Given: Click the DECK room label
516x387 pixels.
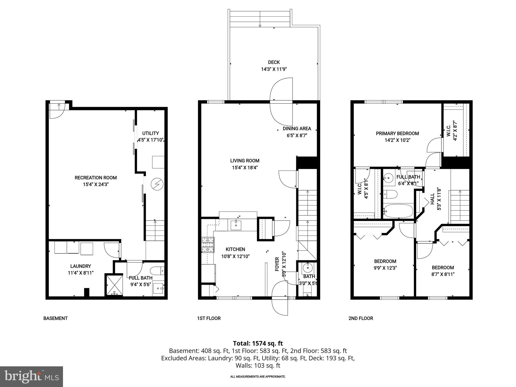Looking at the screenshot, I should (274, 62).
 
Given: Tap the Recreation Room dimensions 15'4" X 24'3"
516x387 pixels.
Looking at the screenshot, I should (96, 184).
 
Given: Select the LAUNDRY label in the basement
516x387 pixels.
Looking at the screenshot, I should (81, 266).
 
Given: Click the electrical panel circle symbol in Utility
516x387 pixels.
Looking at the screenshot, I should (157, 184).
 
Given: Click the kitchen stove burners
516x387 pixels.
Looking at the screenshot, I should (208, 245).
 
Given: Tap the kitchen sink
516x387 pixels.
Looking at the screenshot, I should (236, 224).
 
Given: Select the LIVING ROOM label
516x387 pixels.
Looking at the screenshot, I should (245, 160).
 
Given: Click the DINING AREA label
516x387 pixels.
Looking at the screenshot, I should (297, 128).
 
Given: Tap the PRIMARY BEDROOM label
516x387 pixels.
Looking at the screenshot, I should (397, 134).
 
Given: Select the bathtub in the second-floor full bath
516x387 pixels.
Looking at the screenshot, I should (398, 211).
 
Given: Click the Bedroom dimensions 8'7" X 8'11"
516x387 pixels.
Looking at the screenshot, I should (443, 274).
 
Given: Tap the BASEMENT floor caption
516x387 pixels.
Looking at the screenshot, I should (55, 318).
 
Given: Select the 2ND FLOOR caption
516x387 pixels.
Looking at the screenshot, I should (361, 318).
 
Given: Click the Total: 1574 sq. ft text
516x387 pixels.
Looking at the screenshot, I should (258, 343).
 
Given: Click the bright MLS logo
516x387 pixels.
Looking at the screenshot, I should (31, 376).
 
